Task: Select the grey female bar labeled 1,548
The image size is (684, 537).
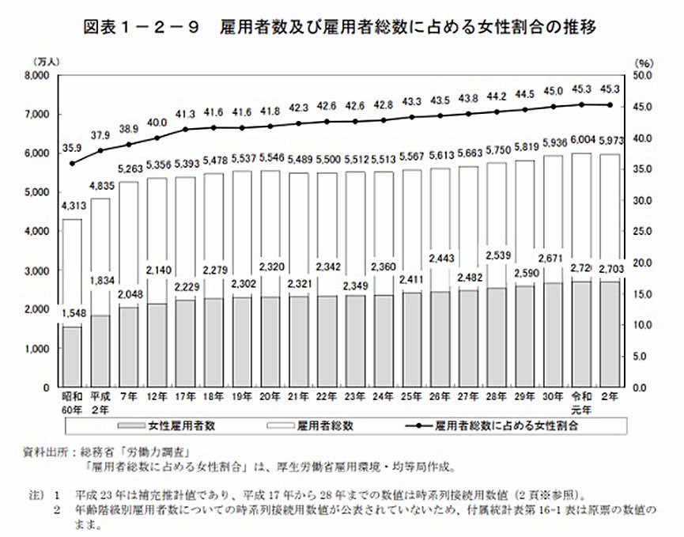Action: (x=72, y=357)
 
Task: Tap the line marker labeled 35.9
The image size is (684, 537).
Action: (x=73, y=164)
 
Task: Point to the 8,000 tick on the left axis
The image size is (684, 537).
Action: (x=38, y=76)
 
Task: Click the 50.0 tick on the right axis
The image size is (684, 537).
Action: (x=645, y=76)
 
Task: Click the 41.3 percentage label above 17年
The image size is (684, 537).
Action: (x=185, y=114)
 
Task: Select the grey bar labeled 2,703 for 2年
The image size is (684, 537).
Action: (x=610, y=335)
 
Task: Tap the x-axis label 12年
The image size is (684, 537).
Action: (x=157, y=398)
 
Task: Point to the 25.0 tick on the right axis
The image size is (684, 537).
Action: (x=645, y=232)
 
